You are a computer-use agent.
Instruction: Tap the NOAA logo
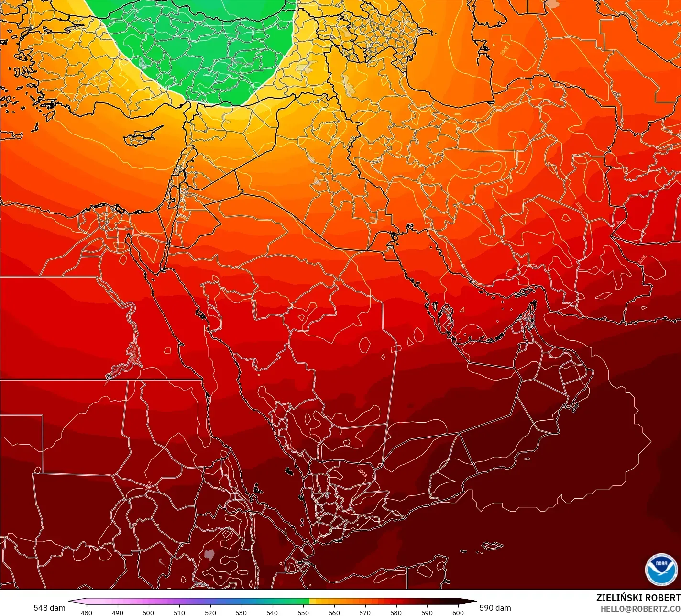coord(661,569)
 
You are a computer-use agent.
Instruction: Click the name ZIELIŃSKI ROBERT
coord(638,598)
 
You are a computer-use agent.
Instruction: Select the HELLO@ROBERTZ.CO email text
coord(640,608)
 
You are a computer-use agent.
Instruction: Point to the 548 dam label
coord(49,608)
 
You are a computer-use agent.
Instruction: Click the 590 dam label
coord(495,608)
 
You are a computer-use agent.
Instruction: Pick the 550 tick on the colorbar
coord(303,612)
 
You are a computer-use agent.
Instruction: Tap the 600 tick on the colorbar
coord(458,612)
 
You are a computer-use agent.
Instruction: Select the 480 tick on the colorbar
coord(87,612)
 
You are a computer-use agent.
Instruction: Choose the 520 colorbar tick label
coord(210,612)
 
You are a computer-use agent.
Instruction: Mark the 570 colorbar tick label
coord(365,612)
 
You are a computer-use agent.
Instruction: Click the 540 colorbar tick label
coord(272,612)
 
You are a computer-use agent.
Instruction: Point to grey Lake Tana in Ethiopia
coord(209,555)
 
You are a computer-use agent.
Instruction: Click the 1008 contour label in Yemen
coord(362,472)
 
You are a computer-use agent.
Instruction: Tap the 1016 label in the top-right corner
coord(668,13)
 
